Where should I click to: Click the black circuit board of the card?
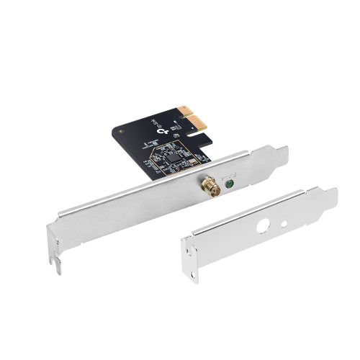[x=144, y=144]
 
